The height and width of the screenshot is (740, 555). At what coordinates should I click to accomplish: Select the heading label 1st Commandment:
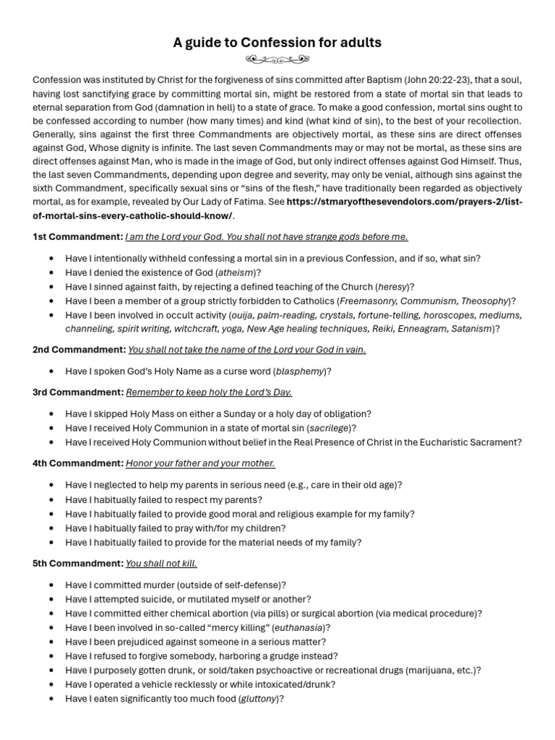(77, 236)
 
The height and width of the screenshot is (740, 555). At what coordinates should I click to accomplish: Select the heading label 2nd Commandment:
(79, 350)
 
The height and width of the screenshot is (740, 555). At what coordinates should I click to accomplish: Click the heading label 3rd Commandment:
(78, 392)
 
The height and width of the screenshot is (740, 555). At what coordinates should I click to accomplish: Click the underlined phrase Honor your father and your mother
(200, 463)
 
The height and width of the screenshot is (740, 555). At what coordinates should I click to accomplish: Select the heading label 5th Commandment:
(78, 563)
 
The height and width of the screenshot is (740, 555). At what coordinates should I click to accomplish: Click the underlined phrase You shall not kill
(161, 563)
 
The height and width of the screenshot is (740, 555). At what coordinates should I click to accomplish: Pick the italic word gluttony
(259, 699)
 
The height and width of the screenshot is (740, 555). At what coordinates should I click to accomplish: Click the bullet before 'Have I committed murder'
(51, 585)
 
